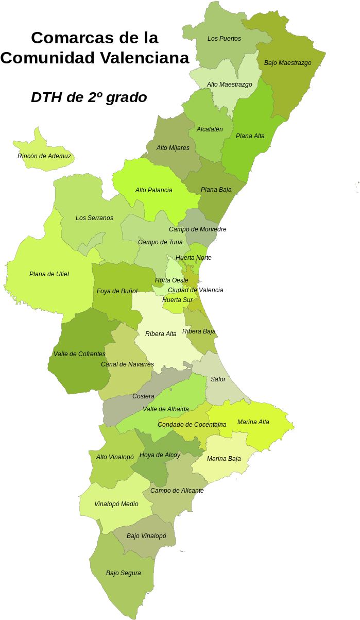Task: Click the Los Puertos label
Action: pos(224,39)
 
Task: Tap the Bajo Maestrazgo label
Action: pos(287,63)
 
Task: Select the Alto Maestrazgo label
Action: pos(229,85)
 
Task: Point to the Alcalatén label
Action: pos(210,129)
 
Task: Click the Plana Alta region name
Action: pos(250,136)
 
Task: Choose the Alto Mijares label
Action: pos(173,148)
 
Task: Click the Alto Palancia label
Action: pos(153,190)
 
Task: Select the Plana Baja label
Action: pos(216,190)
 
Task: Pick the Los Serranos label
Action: pos(94,218)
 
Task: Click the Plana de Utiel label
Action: pos(49,274)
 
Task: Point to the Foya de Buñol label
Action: pos(117,291)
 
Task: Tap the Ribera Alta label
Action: pos(161,334)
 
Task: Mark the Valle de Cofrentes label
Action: pos(79,354)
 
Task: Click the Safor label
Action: pos(218,379)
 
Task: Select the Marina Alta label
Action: pos(253,422)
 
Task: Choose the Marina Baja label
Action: pos(224,459)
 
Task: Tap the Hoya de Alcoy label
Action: pos(160,455)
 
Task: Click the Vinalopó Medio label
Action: pos(116,504)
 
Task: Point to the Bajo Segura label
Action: pos(123,573)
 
